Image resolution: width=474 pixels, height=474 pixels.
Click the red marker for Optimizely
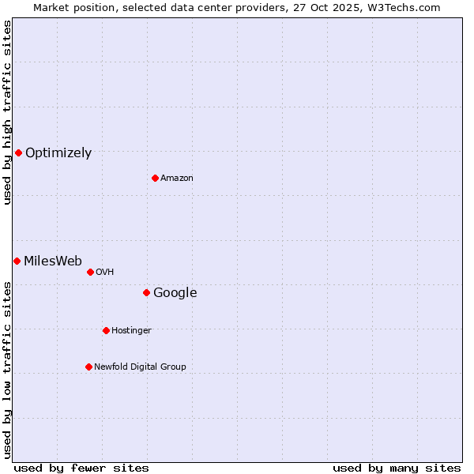(x=18, y=152)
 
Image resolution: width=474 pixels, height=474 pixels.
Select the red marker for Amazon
(x=155, y=178)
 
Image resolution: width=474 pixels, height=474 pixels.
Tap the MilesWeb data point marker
(x=17, y=261)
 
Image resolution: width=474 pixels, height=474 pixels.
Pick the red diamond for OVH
(x=90, y=272)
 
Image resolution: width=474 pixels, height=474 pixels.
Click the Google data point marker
(x=146, y=292)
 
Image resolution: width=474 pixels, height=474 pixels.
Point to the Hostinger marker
(x=106, y=330)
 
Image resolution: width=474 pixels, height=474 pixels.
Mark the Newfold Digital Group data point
(x=88, y=367)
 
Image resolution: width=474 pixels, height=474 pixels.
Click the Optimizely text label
(x=58, y=153)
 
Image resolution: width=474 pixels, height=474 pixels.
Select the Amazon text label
(x=177, y=179)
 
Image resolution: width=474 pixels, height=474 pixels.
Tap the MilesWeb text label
(x=53, y=261)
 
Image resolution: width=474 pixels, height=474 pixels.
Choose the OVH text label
(x=105, y=273)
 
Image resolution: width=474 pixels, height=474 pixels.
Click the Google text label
(x=175, y=293)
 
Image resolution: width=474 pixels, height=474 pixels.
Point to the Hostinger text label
(x=131, y=331)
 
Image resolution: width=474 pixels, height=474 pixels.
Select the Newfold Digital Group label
(x=140, y=367)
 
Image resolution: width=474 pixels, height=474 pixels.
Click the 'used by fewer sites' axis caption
(x=81, y=468)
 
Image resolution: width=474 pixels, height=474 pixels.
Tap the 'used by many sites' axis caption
(x=397, y=468)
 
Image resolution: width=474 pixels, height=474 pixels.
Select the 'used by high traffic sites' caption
(x=8, y=112)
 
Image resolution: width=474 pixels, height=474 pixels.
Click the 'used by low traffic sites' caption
(x=8, y=370)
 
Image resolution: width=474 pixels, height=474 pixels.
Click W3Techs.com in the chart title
(x=408, y=7)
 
